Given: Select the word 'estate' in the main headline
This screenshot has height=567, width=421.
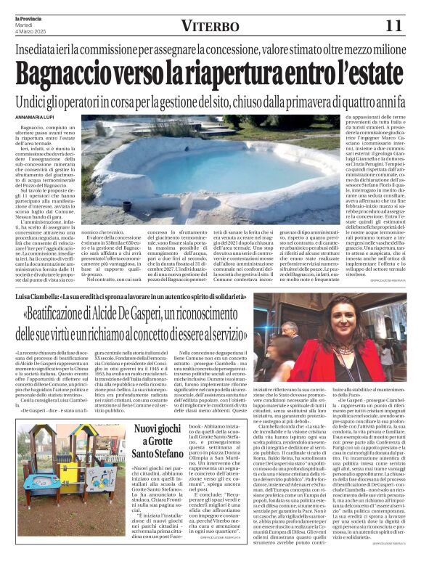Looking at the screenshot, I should (371, 74).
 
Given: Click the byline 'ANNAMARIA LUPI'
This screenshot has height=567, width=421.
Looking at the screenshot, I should (35, 118).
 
